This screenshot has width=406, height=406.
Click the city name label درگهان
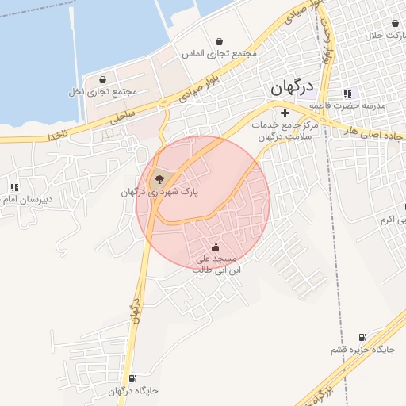tap(293, 87)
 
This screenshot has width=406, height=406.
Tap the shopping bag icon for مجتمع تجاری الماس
tap(219, 42)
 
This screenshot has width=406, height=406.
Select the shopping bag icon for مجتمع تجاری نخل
tap(103, 79)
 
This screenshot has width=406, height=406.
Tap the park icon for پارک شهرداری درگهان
tap(159, 180)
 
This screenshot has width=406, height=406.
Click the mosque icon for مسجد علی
tap(216, 247)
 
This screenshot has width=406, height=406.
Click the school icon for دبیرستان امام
tap(13, 187)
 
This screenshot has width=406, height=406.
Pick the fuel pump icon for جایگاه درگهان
tap(131, 378)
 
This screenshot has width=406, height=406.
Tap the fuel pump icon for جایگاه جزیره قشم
tap(363, 337)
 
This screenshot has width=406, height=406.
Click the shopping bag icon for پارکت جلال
tap(380, 24)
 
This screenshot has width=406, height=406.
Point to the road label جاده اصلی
tap(366, 133)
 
